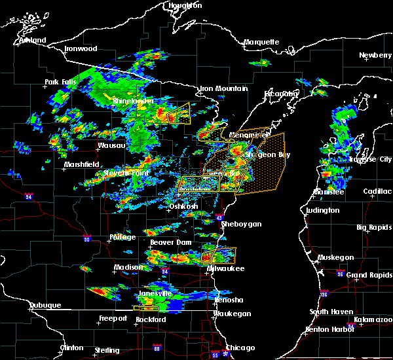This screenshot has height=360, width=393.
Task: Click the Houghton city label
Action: coord(185,5)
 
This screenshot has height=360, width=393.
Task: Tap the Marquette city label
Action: coord(261,43)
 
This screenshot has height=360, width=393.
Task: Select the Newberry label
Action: coord(375,56)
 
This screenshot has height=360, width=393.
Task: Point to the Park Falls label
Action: coord(61,82)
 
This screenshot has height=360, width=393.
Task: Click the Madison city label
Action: coord(128,267)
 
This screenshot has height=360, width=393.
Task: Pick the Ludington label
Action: coord(322,210)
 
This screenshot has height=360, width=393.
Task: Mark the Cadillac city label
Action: coord(378,191)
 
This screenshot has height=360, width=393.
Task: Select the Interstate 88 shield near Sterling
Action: coord(156,348)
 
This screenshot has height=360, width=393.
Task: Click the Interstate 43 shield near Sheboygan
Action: coord(220,217)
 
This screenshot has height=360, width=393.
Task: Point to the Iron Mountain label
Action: coord(224,88)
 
